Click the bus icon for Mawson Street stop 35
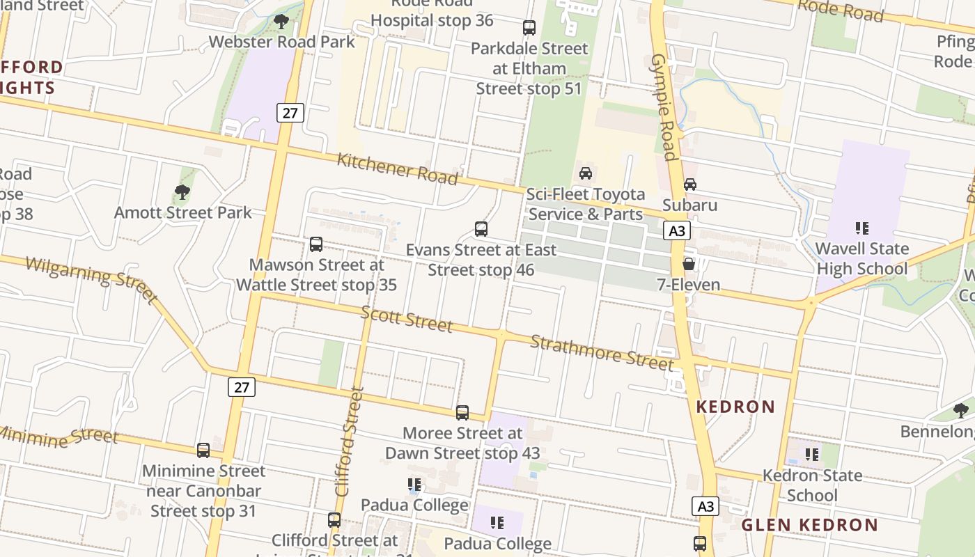315,244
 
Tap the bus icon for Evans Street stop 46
481,228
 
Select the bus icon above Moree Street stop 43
462,413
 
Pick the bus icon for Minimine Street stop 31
203,450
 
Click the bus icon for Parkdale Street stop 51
529,28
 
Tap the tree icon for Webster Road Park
281,22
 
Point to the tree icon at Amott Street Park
182,191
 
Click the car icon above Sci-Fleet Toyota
585,173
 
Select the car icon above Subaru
689,185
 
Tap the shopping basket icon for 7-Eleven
688,264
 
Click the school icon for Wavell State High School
861,228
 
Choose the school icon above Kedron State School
811,455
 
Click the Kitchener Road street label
397,169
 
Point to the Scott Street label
406,318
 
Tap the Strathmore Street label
602,352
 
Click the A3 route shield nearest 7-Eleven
677,230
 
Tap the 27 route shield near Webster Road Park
290,112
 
